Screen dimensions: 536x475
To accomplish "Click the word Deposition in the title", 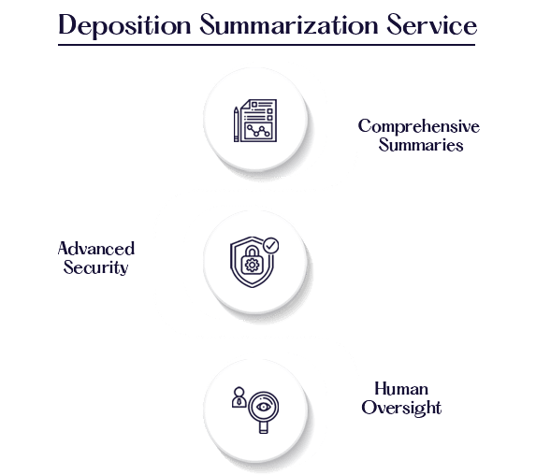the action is coord(124,25).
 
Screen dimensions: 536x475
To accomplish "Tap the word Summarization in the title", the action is coord(289,24).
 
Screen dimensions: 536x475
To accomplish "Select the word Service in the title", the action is coord(432,24).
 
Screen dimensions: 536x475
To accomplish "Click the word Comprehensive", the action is coord(419,127).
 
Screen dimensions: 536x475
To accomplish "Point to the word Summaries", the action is coord(421,145).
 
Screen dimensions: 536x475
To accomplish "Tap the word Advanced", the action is coord(96,249).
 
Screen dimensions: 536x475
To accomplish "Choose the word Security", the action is coord(95,267).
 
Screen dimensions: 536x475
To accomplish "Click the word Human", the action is coord(401,389).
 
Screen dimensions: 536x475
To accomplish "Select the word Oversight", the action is coord(401,408).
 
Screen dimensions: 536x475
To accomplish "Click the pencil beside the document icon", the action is coord(237,124).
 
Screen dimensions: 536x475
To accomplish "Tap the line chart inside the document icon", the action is coord(258,131).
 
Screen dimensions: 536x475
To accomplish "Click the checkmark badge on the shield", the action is coord(271,245).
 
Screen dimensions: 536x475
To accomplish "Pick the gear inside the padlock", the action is coord(253,266).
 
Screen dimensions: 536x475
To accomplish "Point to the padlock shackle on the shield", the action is coord(253,252).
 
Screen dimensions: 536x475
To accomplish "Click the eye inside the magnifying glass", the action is coord(263,407).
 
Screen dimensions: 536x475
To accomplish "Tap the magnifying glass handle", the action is coord(263,428).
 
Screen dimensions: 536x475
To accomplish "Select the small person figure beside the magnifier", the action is coord(239,397).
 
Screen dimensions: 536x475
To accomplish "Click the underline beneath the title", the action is coord(267,45).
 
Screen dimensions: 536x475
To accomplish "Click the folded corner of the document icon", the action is coord(246,104).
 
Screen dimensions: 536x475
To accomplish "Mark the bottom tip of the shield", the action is coord(253,287).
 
